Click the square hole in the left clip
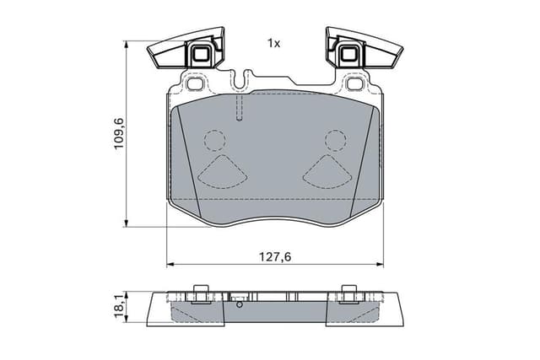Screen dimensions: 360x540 [202, 56]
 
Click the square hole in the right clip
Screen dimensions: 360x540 [347, 56]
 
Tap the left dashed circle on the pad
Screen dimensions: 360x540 [215, 139]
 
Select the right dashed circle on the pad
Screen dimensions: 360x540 [336, 139]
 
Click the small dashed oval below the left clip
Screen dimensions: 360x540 [197, 84]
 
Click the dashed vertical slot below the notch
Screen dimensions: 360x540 [241, 107]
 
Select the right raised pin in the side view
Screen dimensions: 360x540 [347, 293]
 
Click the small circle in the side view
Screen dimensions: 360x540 [240, 305]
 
